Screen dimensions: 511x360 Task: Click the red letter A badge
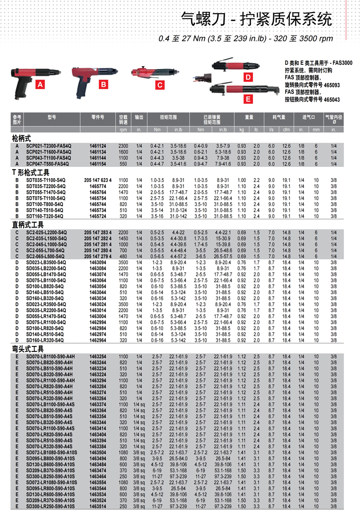coord(40,85)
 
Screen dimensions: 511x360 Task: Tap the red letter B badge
coord(103,84)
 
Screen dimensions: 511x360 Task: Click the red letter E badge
coord(247,99)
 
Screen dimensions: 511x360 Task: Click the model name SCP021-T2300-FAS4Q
coord(48,146)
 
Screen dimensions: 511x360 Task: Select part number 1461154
coord(98,164)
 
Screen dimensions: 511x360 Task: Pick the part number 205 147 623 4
coord(98,180)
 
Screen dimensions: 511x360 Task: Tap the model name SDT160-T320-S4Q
coord(45,215)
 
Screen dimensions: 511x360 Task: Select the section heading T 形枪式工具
coord(30,173)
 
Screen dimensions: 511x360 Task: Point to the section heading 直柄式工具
coord(28,224)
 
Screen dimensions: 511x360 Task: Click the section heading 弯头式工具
coord(28,348)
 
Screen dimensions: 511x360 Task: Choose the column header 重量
coord(249,117)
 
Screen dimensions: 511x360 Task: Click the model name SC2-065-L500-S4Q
coord(46,255)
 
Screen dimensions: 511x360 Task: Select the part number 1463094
coord(98,261)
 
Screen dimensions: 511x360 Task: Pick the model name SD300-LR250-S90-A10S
coord(51,506)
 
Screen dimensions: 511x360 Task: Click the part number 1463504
coord(98,452)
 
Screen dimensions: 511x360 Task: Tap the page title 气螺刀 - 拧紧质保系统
coord(256,20)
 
